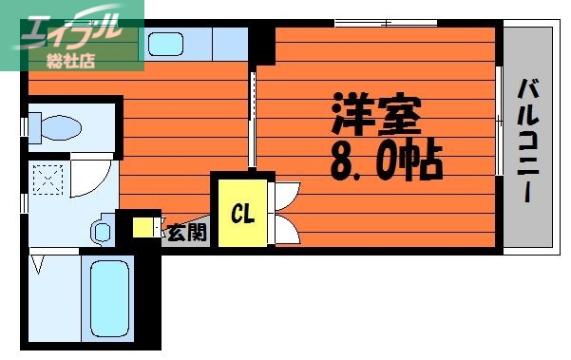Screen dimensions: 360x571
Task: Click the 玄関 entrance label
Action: (186, 231)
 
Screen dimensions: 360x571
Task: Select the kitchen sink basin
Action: (166, 45)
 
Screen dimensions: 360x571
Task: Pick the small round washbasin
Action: (102, 231)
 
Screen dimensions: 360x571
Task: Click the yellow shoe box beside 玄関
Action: (143, 228)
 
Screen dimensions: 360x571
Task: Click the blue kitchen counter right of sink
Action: (228, 45)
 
